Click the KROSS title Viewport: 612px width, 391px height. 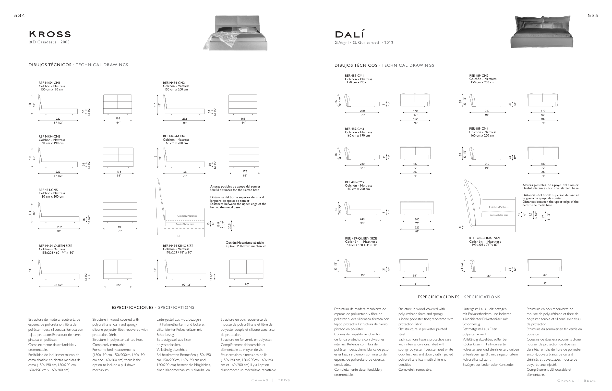point(50,34)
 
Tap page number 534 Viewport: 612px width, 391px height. point(20,15)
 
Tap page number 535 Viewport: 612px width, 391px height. point(593,15)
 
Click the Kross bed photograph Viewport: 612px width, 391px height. point(235,33)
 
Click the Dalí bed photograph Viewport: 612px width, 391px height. point(542,32)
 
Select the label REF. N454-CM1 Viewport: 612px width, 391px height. point(49,83)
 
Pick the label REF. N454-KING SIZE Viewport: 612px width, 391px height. point(178,246)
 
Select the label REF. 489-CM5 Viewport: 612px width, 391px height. point(354,182)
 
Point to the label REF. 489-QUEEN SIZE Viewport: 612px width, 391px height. point(361,238)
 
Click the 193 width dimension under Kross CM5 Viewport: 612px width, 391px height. point(120,227)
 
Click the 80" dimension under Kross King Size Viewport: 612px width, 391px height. point(247,284)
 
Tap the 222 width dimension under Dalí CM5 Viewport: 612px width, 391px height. point(417,227)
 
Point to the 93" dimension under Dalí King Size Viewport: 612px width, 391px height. point(545,283)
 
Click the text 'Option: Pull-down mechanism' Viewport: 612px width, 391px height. point(246,246)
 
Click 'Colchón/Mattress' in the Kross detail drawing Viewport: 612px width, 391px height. point(187,216)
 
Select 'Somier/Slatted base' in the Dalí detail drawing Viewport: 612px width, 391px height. point(499,215)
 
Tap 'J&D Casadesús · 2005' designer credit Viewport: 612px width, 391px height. point(49,42)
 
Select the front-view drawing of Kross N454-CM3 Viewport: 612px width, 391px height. point(118,157)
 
